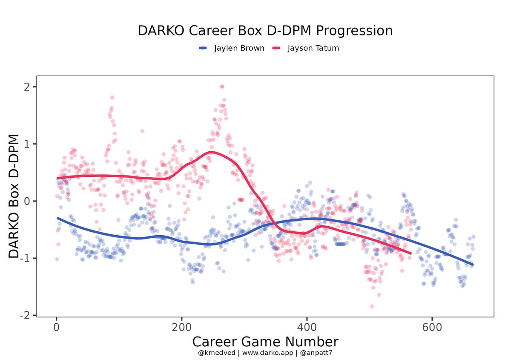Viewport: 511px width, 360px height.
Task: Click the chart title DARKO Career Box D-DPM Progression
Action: point(265,31)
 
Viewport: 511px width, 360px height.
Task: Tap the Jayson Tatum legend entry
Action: point(313,48)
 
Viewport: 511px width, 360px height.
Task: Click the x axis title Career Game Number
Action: point(265,342)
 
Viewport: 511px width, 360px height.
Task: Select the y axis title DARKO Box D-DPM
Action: point(14,196)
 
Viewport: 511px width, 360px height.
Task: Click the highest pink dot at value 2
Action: point(222,86)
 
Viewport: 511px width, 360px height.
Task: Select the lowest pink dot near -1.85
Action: point(372,306)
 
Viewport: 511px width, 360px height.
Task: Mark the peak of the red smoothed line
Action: point(211,152)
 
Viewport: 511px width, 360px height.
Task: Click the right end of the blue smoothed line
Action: point(473,265)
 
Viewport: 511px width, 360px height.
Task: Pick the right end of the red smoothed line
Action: point(411,253)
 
